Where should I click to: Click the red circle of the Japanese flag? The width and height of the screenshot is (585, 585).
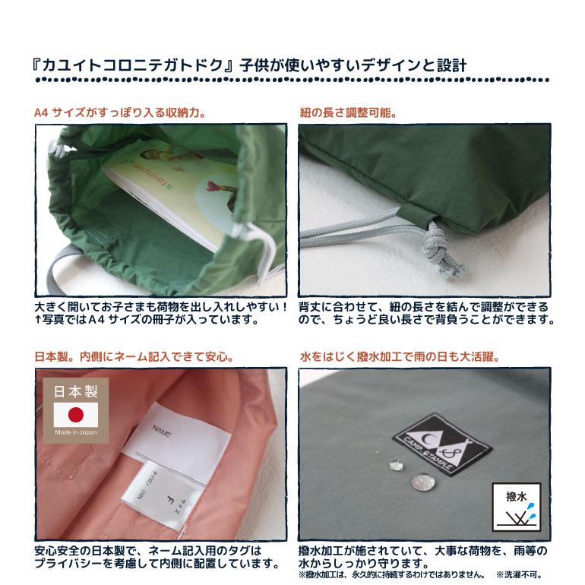[x=76, y=415]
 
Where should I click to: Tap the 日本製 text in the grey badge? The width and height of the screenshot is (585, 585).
[x=76, y=392]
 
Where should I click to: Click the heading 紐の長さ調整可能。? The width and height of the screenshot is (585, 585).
[x=349, y=113]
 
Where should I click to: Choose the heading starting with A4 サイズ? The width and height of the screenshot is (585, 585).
[x=121, y=113]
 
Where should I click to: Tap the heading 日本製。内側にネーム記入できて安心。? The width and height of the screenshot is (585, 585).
[x=134, y=356]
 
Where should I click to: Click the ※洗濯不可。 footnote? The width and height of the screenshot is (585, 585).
[x=520, y=574]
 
